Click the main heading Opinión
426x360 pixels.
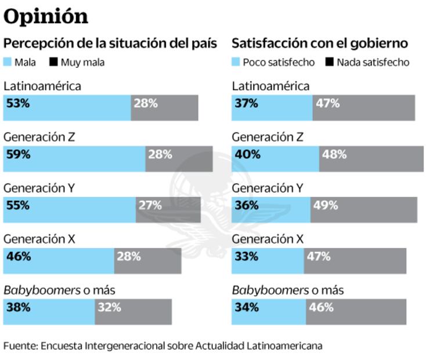pyautogui.click(x=46, y=16)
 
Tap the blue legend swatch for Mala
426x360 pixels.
pyautogui.click(x=8, y=62)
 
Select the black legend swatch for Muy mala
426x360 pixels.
pyautogui.click(x=53, y=62)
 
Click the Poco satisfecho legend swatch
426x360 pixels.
pyautogui.click(x=236, y=62)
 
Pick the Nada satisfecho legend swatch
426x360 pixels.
pyautogui.click(x=329, y=62)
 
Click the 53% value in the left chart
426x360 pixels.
pyautogui.click(x=17, y=103)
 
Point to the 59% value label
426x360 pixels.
pyautogui.click(x=17, y=154)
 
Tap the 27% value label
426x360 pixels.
pyautogui.click(x=150, y=205)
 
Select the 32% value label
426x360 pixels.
pyautogui.click(x=109, y=307)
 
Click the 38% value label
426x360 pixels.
pyautogui.click(x=17, y=307)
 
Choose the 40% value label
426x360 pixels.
pyautogui.click(x=246, y=154)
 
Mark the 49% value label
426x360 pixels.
pyautogui.click(x=326, y=205)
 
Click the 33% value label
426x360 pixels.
pyautogui.click(x=246, y=256)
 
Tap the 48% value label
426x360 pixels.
pyautogui.click(x=334, y=154)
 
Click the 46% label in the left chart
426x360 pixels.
pyautogui.click(x=17, y=256)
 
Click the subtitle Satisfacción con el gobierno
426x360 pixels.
pyautogui.click(x=319, y=43)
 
